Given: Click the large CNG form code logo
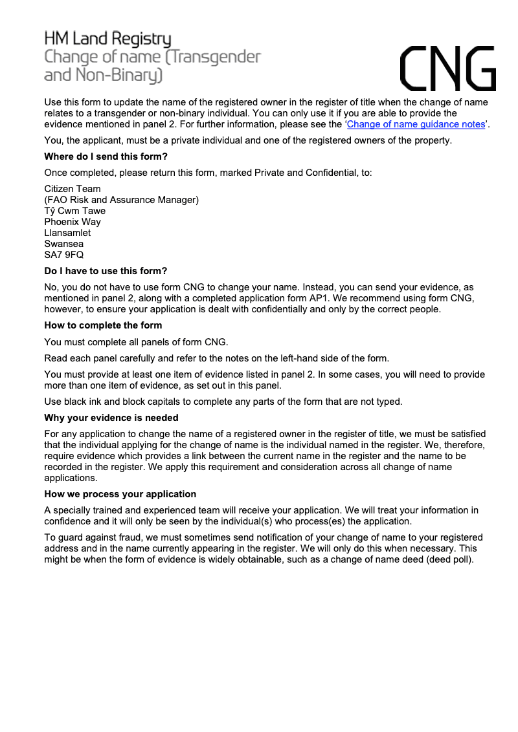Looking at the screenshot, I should (x=448, y=69).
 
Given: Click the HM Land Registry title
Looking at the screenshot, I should (x=107, y=38).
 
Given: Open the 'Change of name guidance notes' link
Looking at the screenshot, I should (x=416, y=124).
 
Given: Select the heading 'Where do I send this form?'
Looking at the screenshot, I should (x=106, y=156).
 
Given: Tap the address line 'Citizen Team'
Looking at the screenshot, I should (x=73, y=189).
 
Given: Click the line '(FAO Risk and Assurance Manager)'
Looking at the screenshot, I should (x=121, y=200).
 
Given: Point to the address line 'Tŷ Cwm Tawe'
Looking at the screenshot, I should (x=74, y=211).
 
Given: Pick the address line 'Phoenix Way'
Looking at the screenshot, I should (x=73, y=222).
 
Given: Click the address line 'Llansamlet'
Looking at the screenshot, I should (x=67, y=233).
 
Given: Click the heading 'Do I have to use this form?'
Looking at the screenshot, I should (x=106, y=271).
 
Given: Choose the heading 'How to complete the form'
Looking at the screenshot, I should (x=103, y=325).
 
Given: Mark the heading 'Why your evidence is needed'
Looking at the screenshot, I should (x=111, y=418).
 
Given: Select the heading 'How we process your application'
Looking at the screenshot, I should (x=120, y=494).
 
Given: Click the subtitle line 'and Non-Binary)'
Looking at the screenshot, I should (x=103, y=76).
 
